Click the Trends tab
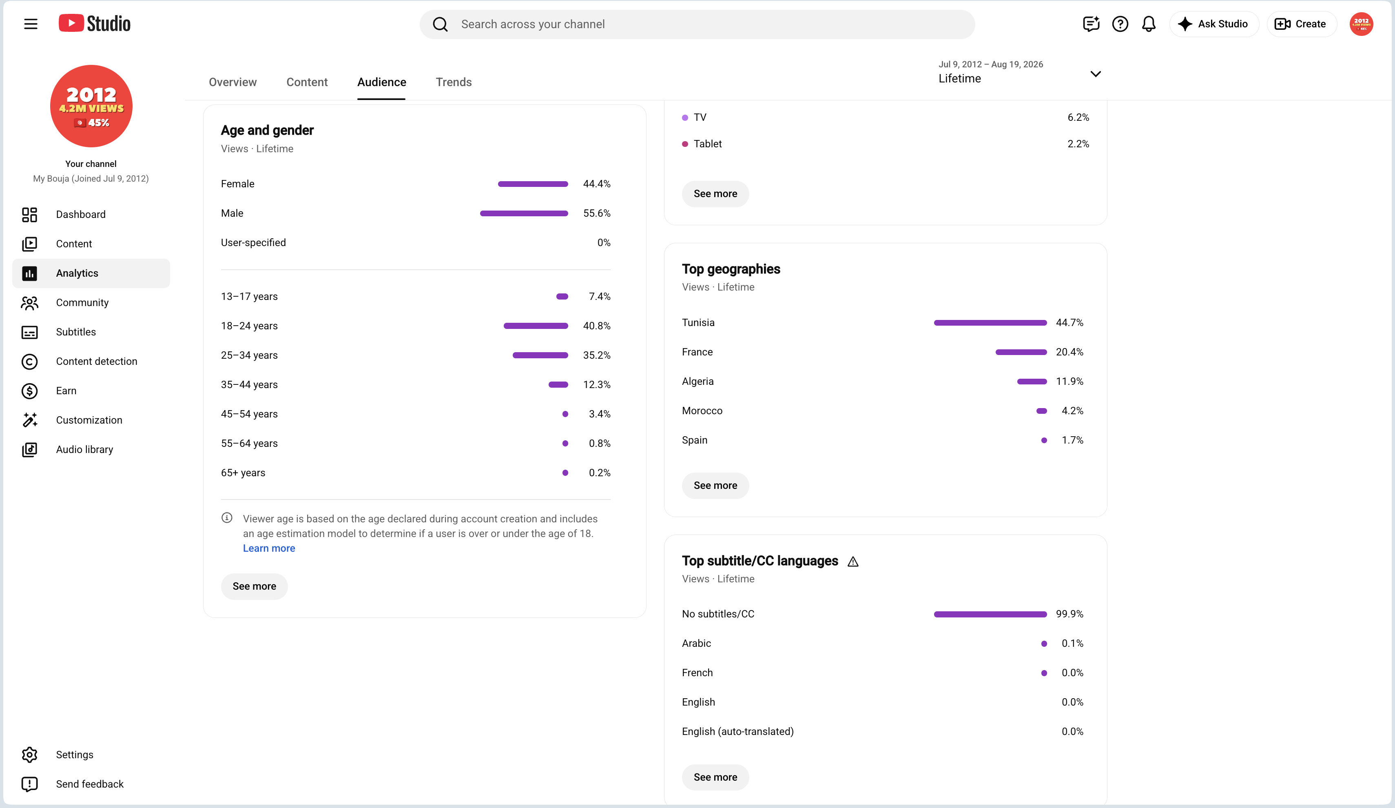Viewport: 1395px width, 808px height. (454, 82)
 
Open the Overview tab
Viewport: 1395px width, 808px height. (232, 82)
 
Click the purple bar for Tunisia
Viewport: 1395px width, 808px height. (990, 322)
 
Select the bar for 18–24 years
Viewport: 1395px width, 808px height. (535, 326)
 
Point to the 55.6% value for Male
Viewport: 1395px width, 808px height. (596, 213)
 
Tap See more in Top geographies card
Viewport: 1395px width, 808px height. (715, 485)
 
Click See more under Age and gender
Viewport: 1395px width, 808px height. (254, 586)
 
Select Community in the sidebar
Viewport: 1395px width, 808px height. (82, 302)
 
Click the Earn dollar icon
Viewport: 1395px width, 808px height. (29, 391)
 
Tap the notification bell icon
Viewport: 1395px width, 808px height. (1149, 24)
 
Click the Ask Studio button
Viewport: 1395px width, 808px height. (1213, 24)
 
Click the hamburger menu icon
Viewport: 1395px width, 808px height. (31, 24)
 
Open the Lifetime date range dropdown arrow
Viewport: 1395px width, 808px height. (1095, 73)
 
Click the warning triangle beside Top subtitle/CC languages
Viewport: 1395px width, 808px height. (853, 562)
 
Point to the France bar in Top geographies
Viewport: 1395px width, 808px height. (1021, 352)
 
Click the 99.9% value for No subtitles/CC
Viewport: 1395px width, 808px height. (1069, 614)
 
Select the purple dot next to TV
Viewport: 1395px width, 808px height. (685, 118)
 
